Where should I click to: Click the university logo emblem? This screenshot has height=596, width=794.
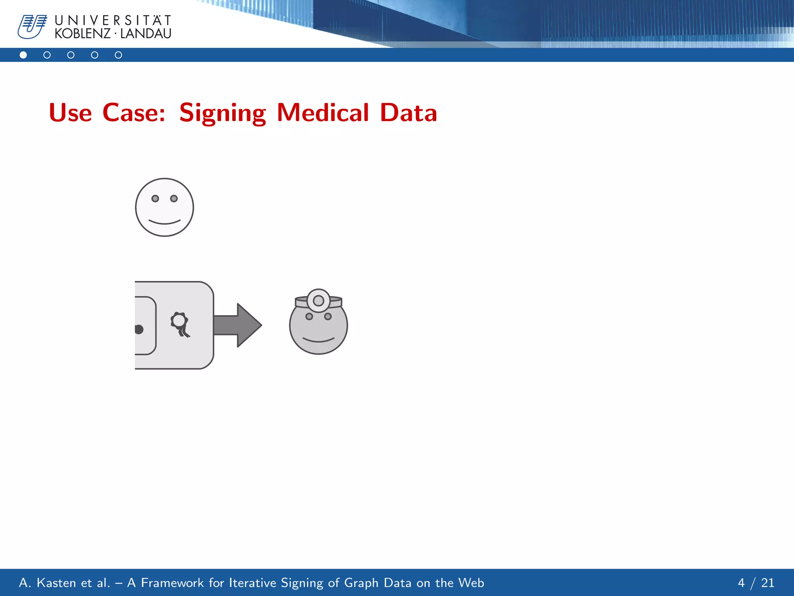tap(32, 27)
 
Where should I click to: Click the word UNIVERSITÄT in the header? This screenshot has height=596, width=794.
tap(113, 20)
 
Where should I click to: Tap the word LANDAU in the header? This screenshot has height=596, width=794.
tap(146, 34)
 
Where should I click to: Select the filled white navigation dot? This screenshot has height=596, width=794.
tap(23, 55)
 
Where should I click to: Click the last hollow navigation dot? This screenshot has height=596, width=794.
tap(118, 55)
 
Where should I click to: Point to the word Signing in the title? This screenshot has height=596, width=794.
tap(223, 113)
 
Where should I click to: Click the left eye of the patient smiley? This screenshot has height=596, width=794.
tap(155, 199)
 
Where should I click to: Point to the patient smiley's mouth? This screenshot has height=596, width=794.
tap(164, 222)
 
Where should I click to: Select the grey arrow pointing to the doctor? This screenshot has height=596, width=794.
tap(238, 325)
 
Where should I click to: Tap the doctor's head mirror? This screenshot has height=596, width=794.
tap(318, 300)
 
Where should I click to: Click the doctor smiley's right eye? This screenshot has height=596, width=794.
tap(328, 316)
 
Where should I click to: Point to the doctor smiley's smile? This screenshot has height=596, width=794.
tap(318, 340)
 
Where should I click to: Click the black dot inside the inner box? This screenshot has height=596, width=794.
tap(139, 329)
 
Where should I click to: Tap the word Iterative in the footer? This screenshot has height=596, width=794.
tap(253, 583)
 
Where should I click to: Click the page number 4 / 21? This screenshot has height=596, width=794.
tap(756, 583)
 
